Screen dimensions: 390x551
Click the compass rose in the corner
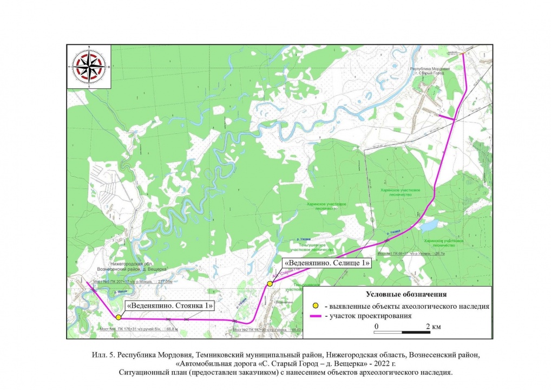[89, 66]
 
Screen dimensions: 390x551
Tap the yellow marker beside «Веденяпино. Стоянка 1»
[118, 317]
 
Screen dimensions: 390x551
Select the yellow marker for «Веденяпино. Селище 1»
[270, 283]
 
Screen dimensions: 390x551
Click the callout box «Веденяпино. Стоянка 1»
[170, 306]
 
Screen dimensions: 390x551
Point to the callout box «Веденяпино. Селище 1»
[327, 263]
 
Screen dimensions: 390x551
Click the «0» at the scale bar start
[376, 327]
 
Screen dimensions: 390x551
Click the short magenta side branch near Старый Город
[445, 115]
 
